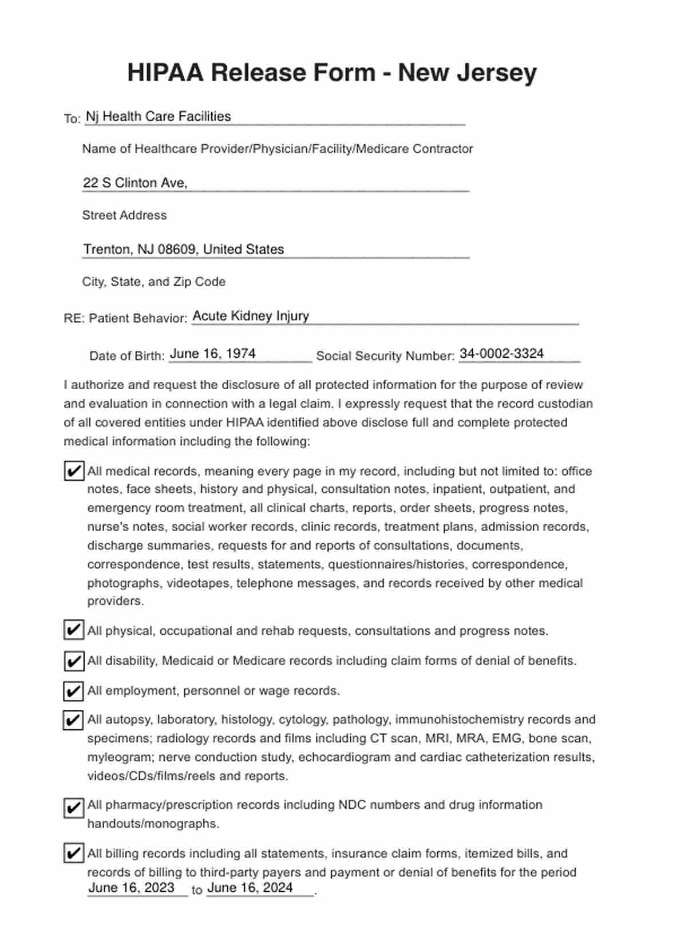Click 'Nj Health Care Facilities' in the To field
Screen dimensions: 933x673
(158, 116)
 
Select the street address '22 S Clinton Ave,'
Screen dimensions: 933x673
(135, 183)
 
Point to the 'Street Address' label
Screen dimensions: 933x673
(124, 215)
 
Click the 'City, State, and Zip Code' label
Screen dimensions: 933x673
(153, 282)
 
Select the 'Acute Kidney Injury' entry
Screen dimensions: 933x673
(251, 316)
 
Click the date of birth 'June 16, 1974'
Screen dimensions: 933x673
(212, 354)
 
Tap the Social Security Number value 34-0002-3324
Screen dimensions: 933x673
(501, 354)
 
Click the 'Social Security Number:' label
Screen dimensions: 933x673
(385, 356)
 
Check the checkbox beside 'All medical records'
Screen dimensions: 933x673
(73, 471)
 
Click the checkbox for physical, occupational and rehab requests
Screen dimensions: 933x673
(73, 630)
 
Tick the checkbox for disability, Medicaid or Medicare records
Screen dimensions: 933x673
(73, 661)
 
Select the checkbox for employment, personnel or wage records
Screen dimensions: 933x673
(73, 691)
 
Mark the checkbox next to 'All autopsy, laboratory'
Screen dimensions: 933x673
(73, 719)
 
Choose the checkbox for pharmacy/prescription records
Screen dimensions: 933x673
(73, 808)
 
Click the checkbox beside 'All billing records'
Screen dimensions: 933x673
(73, 853)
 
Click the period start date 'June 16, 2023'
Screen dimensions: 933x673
(131, 888)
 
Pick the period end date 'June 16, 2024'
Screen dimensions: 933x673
(250, 888)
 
